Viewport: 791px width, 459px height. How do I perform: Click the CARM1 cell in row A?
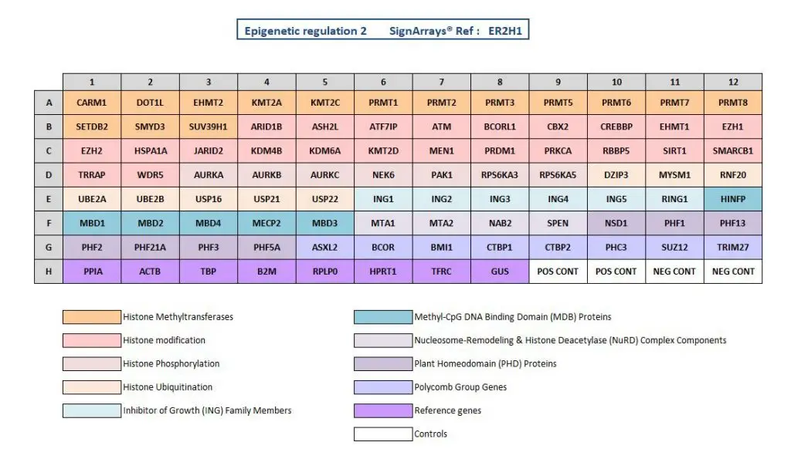(91, 103)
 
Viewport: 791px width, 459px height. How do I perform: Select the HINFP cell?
(732, 199)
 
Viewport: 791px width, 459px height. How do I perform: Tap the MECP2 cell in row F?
(266, 223)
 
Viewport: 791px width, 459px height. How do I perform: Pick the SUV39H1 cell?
(208, 127)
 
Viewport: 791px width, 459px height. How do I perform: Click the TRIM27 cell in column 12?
(732, 248)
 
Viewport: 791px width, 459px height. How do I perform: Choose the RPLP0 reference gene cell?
(324, 272)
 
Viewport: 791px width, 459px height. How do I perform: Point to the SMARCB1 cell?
(732, 151)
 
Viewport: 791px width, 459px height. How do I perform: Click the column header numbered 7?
(441, 82)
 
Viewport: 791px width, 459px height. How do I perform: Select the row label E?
(49, 199)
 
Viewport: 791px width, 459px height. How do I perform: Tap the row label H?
(49, 272)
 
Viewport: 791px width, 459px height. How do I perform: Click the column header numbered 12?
(732, 82)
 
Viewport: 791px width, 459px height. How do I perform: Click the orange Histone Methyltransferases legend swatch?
(91, 316)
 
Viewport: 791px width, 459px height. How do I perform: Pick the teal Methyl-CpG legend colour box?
(382, 316)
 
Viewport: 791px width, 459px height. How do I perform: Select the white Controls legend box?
(382, 434)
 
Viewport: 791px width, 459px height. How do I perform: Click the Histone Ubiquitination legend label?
(168, 387)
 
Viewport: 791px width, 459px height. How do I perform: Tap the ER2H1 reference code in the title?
(507, 32)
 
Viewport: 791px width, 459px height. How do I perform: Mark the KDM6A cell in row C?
(324, 151)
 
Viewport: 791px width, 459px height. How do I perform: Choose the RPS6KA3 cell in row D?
(499, 175)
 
